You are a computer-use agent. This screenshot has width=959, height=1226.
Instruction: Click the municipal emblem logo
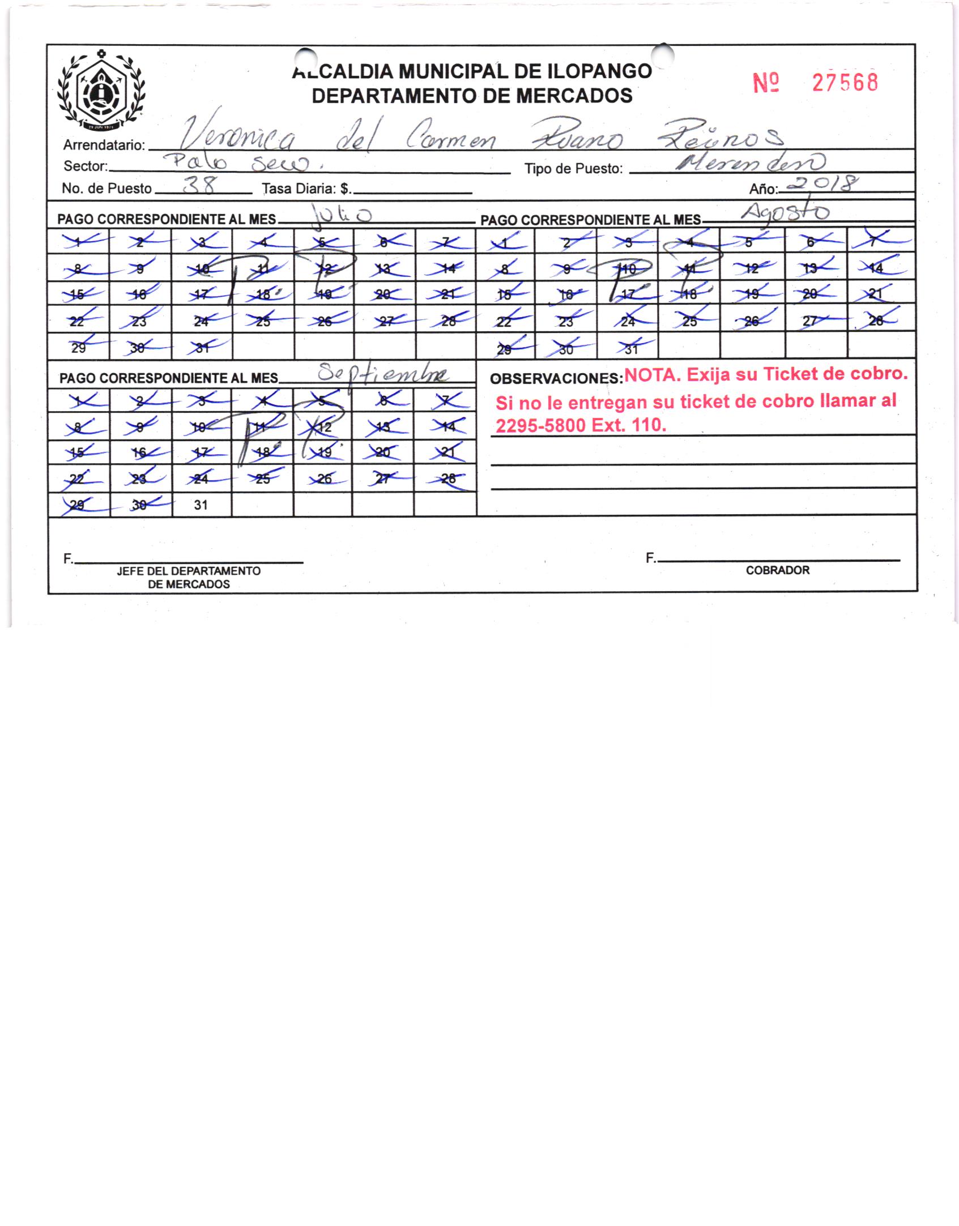coord(101,90)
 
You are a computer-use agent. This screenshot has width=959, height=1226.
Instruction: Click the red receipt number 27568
coord(845,83)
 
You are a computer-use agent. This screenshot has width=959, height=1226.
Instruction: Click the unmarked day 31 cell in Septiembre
coord(201,505)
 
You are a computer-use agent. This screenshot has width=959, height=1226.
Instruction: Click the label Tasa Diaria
coord(306,189)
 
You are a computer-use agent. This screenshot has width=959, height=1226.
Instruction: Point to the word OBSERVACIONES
coord(556,379)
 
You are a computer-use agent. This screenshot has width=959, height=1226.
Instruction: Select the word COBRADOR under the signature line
coord(777,570)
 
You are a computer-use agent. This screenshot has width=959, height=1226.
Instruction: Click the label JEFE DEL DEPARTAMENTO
coord(189,571)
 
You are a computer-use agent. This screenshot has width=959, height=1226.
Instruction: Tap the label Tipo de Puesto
coord(573,169)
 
